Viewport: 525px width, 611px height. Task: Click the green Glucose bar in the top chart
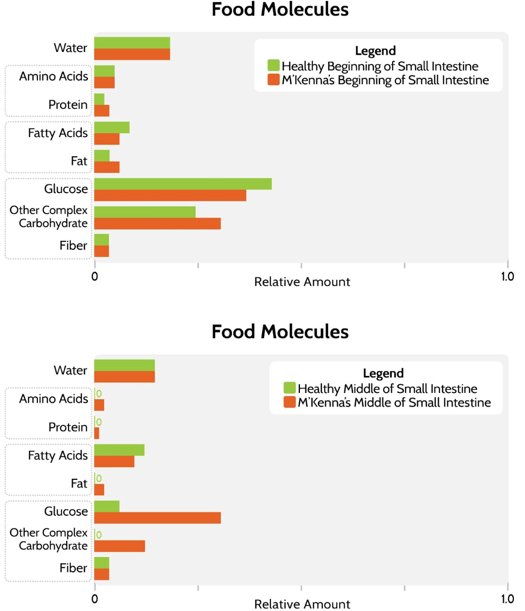click(183, 184)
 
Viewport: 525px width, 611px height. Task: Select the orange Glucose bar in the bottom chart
click(157, 518)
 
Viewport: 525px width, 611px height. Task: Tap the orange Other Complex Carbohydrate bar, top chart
click(157, 223)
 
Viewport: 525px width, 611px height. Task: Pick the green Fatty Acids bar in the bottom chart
click(119, 450)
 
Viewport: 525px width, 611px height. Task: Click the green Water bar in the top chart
click(132, 43)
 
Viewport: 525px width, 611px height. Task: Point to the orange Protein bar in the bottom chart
click(97, 433)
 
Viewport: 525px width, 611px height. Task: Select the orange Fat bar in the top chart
click(107, 167)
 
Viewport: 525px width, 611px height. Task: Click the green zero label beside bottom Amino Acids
click(99, 393)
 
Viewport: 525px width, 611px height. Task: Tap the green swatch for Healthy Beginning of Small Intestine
click(274, 66)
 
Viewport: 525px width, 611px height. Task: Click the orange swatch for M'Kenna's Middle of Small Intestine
click(290, 402)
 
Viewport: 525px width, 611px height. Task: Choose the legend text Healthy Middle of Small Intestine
click(387, 389)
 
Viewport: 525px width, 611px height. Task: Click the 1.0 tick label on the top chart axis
click(507, 276)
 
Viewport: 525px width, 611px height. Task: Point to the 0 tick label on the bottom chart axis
click(95, 599)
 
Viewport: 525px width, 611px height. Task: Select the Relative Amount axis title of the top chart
click(302, 282)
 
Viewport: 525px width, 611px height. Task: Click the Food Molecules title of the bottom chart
click(280, 332)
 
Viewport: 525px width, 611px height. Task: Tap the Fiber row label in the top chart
click(73, 246)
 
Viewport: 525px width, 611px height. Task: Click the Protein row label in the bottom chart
click(68, 427)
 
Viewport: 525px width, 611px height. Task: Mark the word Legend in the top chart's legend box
click(375, 51)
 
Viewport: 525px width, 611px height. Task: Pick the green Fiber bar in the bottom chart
click(102, 562)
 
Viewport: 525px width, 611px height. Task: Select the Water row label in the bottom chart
click(70, 371)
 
